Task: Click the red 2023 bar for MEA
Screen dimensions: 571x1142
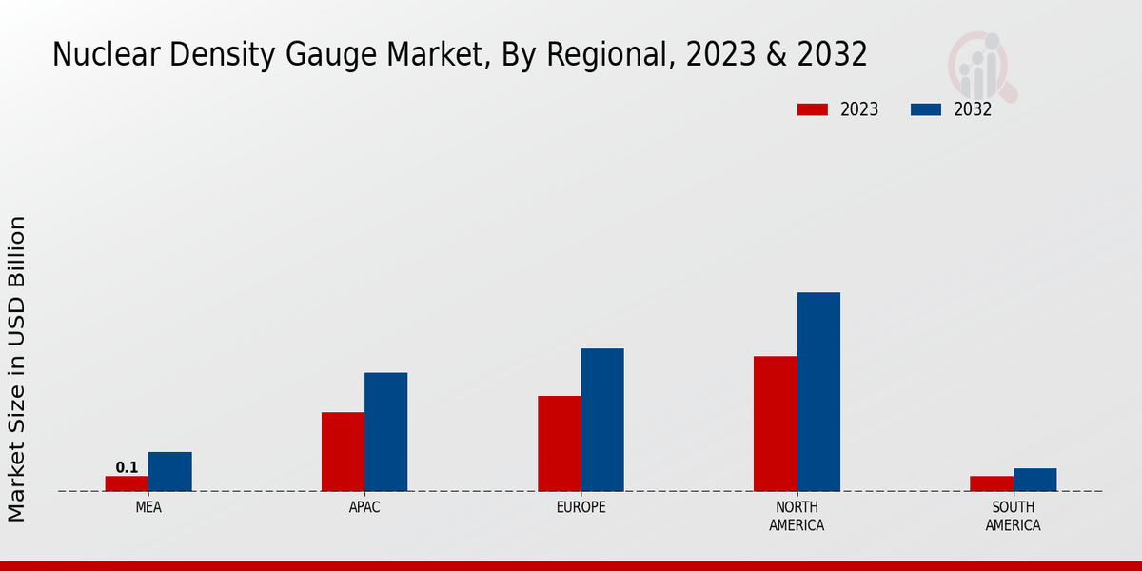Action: (127, 483)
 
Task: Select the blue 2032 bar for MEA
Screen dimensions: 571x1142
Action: (169, 472)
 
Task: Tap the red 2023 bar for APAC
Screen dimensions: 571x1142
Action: (343, 452)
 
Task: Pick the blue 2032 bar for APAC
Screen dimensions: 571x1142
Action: (385, 432)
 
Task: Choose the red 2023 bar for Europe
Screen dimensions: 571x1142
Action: (559, 443)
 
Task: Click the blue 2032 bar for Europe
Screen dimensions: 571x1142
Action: (602, 420)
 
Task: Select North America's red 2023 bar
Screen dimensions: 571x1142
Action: (775, 423)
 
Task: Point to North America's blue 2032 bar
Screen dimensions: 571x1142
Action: (818, 392)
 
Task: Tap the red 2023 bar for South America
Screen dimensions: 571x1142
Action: (992, 483)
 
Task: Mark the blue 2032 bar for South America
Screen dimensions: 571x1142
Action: (1034, 480)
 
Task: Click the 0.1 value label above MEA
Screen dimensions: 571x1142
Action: (127, 467)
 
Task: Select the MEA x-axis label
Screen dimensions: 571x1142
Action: (148, 507)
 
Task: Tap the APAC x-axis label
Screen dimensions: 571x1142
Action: (364, 507)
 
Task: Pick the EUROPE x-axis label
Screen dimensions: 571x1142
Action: (581, 507)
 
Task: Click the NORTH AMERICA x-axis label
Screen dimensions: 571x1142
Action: (797, 516)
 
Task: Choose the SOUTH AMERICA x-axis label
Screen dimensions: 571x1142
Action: (1013, 516)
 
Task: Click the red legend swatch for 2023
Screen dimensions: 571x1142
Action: (812, 109)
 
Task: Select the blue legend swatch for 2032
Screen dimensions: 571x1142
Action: (925, 109)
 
